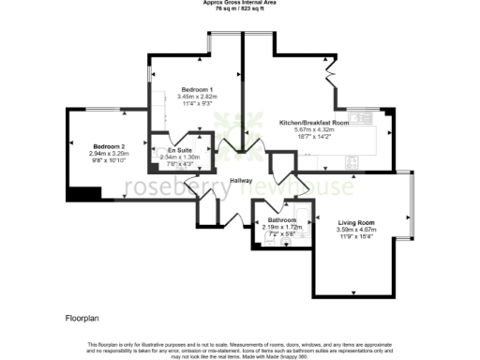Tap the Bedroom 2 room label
pos(110,147)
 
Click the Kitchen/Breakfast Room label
pos(314,123)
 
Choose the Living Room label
pos(355,221)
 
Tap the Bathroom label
pos(282,220)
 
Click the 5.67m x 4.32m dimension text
pos(314,130)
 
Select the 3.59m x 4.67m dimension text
pos(355,229)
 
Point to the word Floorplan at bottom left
pos(82,321)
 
